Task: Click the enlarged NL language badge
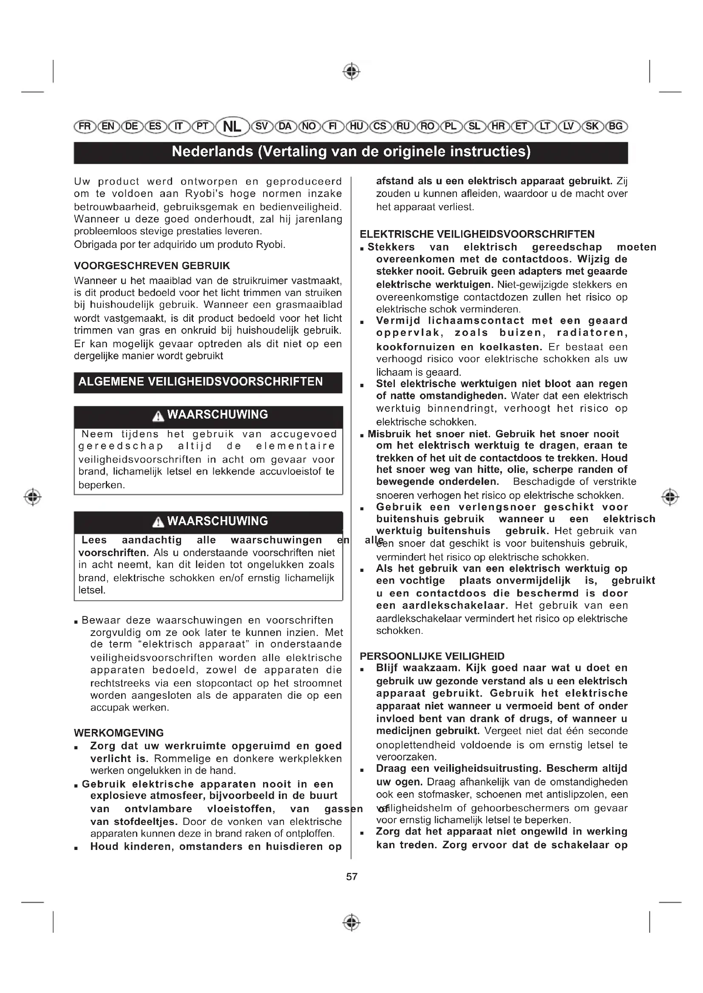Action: pyautogui.click(x=232, y=126)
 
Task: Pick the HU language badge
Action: pyautogui.click(x=356, y=126)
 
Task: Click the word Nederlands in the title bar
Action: pyautogui.click(x=212, y=152)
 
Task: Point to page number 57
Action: pyautogui.click(x=351, y=876)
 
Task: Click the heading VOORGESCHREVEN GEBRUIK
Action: pyautogui.click(x=152, y=265)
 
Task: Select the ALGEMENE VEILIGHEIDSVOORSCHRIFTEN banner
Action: pyautogui.click(x=208, y=382)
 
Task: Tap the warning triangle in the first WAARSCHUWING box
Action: pyautogui.click(x=159, y=416)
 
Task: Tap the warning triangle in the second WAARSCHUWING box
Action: pyautogui.click(x=159, y=522)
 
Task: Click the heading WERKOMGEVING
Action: pyautogui.click(x=119, y=733)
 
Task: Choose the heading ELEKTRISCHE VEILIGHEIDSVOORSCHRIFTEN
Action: pyautogui.click(x=477, y=234)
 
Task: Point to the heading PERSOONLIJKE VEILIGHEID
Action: pyautogui.click(x=432, y=656)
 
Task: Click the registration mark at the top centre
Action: pyautogui.click(x=351, y=71)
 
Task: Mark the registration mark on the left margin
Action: pyautogui.click(x=33, y=497)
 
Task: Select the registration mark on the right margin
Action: pyautogui.click(x=670, y=497)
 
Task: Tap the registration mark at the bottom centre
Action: pyautogui.click(x=351, y=923)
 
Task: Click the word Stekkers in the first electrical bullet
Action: pyautogui.click(x=391, y=248)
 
